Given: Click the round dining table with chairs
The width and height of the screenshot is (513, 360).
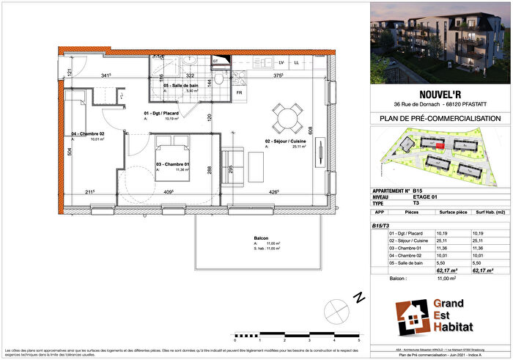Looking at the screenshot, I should point(286,116).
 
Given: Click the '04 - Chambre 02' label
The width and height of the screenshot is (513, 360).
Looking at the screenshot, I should point(87,134).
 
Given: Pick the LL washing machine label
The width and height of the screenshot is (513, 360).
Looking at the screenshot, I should point(296,62).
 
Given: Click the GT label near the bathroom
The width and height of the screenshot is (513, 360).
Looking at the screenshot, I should point(216,60).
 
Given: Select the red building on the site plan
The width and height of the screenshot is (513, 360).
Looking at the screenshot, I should point(439,146).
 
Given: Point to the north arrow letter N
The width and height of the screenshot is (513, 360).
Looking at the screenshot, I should point(358,298).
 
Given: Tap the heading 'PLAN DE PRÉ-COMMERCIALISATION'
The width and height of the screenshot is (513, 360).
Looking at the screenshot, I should point(440,118).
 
